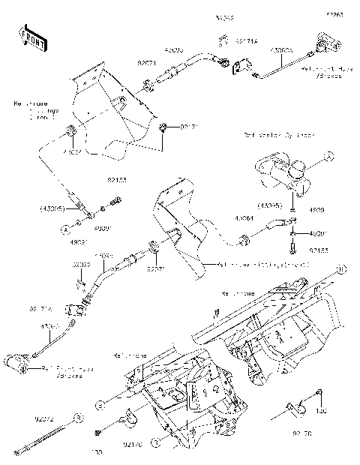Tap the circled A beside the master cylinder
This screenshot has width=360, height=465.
pos(328,156)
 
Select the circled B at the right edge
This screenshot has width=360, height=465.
pos(339,268)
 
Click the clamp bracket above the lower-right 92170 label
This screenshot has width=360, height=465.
pos(295,408)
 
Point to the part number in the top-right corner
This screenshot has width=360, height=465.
pos(333,13)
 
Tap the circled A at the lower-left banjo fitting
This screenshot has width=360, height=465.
pos(66,225)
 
